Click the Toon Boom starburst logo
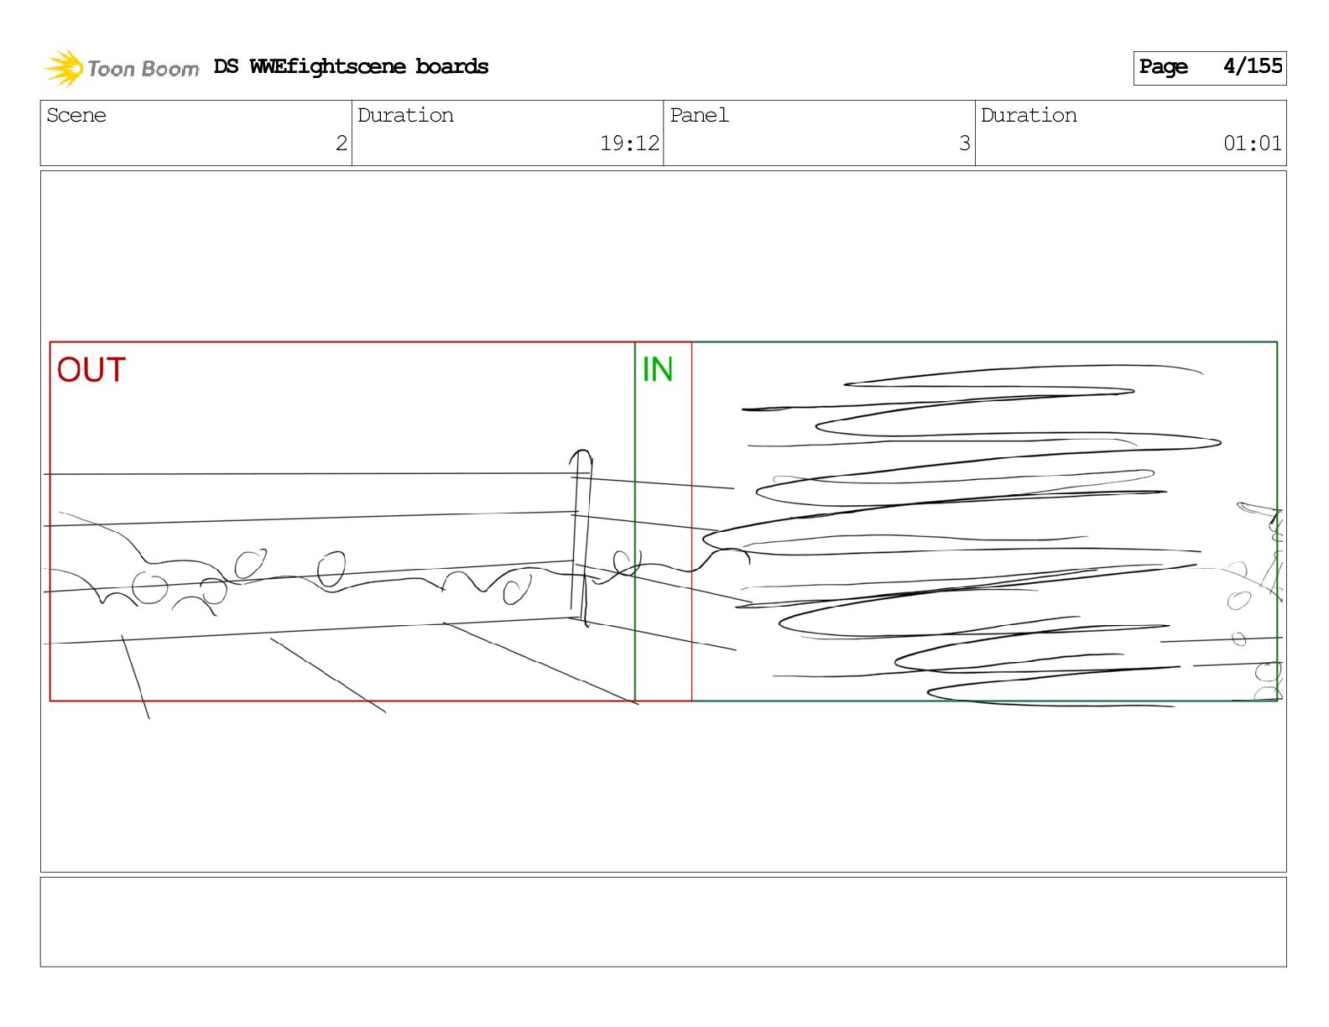pos(64,68)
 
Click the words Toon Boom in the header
pos(143,69)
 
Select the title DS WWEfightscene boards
pos(351,66)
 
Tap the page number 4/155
pos(1253,66)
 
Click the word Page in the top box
pos(1163,67)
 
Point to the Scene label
pos(76,115)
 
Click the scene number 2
pos(341,143)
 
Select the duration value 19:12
pos(629,143)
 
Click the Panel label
pos(699,115)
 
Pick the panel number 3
pos(965,143)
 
